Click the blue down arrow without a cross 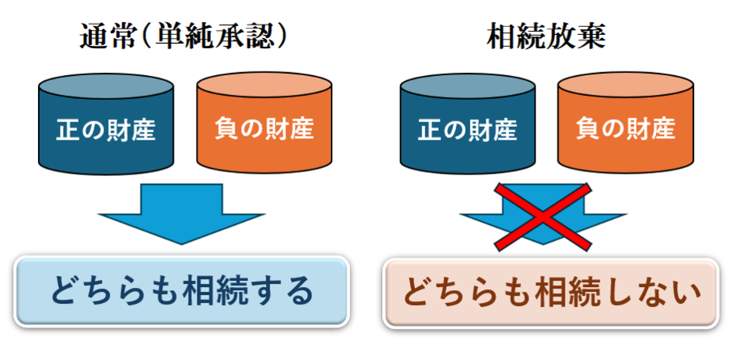point(181,212)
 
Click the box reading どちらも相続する point(181,291)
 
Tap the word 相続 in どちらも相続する point(216,291)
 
